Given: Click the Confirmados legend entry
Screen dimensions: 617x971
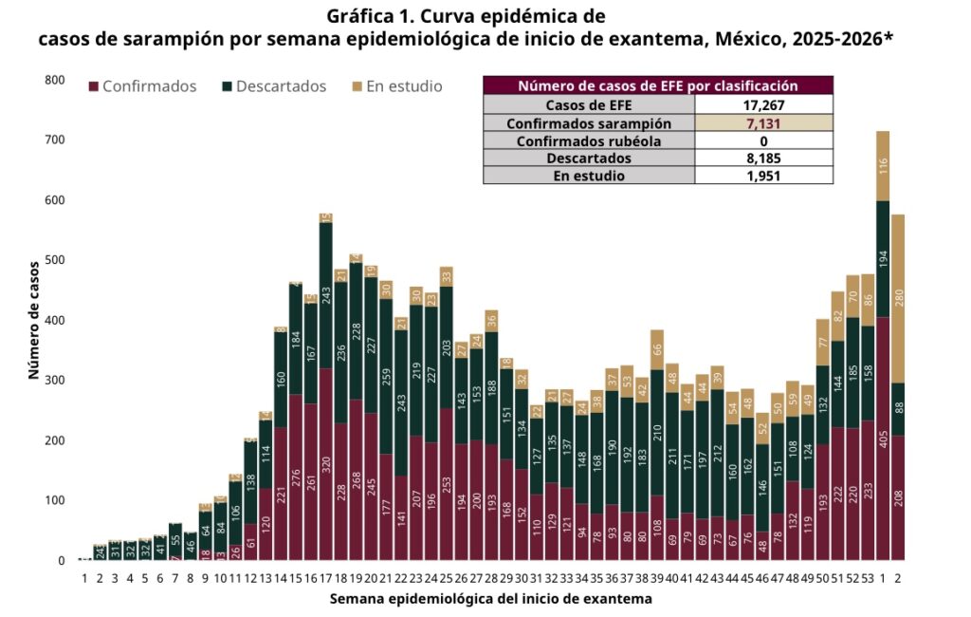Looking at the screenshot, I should tap(142, 86).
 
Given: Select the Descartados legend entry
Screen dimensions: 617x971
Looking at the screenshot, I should tap(274, 86).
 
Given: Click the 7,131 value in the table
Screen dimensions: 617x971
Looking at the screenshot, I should tap(763, 123).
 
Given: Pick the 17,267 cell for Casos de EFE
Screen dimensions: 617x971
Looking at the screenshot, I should tap(763, 105).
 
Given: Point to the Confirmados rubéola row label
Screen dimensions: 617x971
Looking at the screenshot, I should tap(589, 140).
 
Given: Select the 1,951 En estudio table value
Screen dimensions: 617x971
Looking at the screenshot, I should tap(763, 176).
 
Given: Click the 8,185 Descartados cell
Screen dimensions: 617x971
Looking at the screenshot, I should tap(763, 159).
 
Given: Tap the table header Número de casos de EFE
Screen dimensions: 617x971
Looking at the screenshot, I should tap(658, 85).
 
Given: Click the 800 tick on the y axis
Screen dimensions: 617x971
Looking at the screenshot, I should tap(55, 80).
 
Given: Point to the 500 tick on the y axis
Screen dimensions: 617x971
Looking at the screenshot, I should tap(55, 260).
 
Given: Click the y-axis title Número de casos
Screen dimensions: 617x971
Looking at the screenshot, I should tap(34, 320).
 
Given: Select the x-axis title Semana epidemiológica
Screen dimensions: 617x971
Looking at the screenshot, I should tap(491, 599).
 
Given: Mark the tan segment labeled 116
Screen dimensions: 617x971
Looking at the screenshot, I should tap(883, 166).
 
